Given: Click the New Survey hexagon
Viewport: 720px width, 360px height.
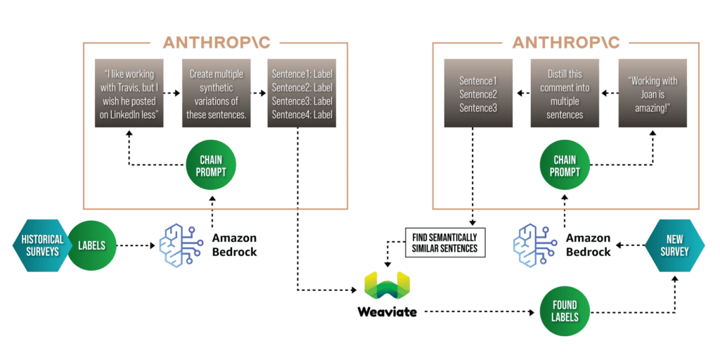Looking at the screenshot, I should pos(674,245).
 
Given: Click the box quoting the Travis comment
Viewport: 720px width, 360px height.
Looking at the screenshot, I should pos(128,94).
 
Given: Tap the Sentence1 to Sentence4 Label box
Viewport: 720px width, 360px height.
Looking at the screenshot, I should pos(300,94).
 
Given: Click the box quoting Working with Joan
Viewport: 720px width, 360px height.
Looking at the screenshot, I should pos(653,94).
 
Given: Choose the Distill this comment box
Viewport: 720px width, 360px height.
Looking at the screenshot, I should pos(564,94).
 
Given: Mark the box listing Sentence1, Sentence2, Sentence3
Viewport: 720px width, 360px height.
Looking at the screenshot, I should pos(477,94).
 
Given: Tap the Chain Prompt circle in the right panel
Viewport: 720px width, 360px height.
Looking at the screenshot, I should pos(564,164).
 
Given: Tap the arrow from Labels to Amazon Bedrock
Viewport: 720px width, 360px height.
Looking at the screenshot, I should pos(134,245).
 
